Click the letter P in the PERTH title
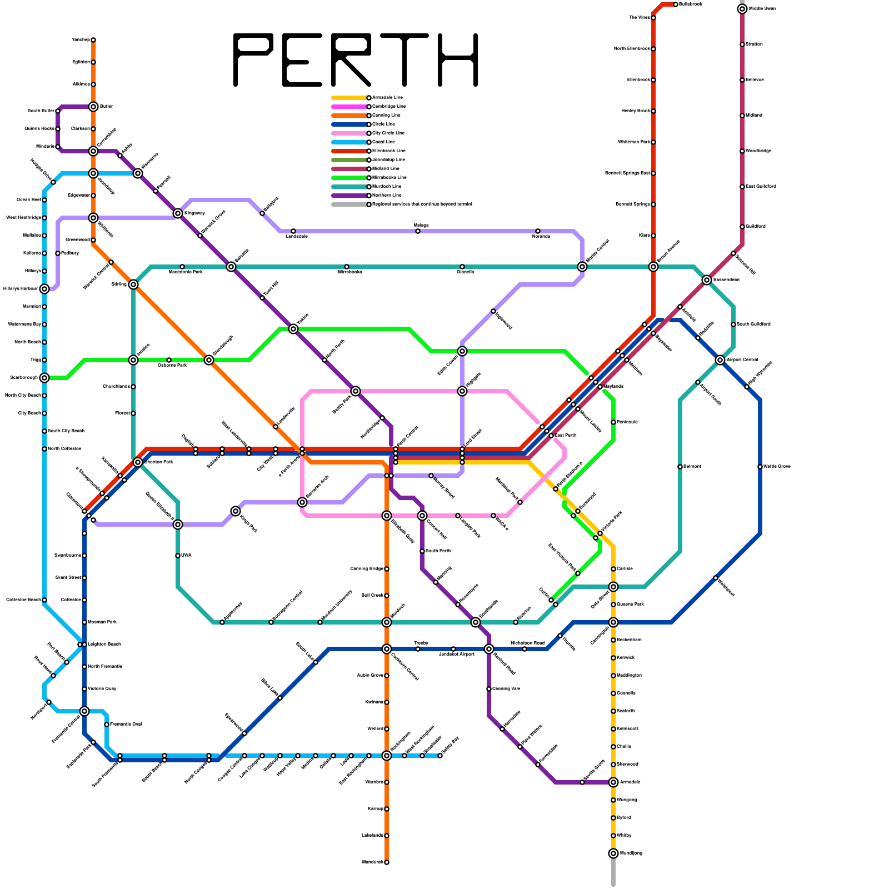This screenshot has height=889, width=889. [x=252, y=59]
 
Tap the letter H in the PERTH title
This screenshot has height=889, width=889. [x=458, y=59]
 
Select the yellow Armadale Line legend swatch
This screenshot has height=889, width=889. [x=349, y=98]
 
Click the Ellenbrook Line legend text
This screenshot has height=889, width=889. [x=389, y=151]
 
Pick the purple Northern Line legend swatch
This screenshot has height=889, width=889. [x=349, y=196]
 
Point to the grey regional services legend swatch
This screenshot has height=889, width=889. [x=349, y=204]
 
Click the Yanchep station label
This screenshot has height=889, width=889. [x=81, y=40]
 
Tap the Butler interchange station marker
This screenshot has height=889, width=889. [x=93, y=107]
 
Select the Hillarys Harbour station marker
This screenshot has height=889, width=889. [x=44, y=289]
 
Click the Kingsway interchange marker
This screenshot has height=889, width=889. [x=178, y=213]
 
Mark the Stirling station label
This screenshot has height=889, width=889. [x=119, y=284]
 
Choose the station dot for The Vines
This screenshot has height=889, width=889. [x=653, y=18]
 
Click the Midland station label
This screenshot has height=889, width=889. [x=753, y=116]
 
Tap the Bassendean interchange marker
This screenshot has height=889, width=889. [x=707, y=280]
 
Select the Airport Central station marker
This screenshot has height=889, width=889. [x=720, y=360]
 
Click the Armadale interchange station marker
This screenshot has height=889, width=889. [x=613, y=782]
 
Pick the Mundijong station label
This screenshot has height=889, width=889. [x=631, y=853]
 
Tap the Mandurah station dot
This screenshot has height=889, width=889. [x=387, y=862]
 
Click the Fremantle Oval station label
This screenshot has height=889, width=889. [x=126, y=725]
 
